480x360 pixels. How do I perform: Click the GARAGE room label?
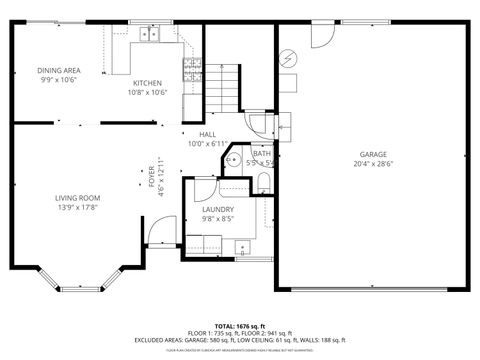373,155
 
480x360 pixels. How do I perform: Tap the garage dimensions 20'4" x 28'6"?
373,164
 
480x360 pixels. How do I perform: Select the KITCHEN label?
147,83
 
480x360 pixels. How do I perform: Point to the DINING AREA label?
59,70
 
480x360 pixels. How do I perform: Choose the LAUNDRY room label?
218,209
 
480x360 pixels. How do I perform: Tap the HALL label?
207,134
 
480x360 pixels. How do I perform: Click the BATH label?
260,153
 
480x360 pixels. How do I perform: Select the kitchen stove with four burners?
191,68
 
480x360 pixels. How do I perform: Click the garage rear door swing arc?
323,34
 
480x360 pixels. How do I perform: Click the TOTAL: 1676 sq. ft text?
239,326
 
